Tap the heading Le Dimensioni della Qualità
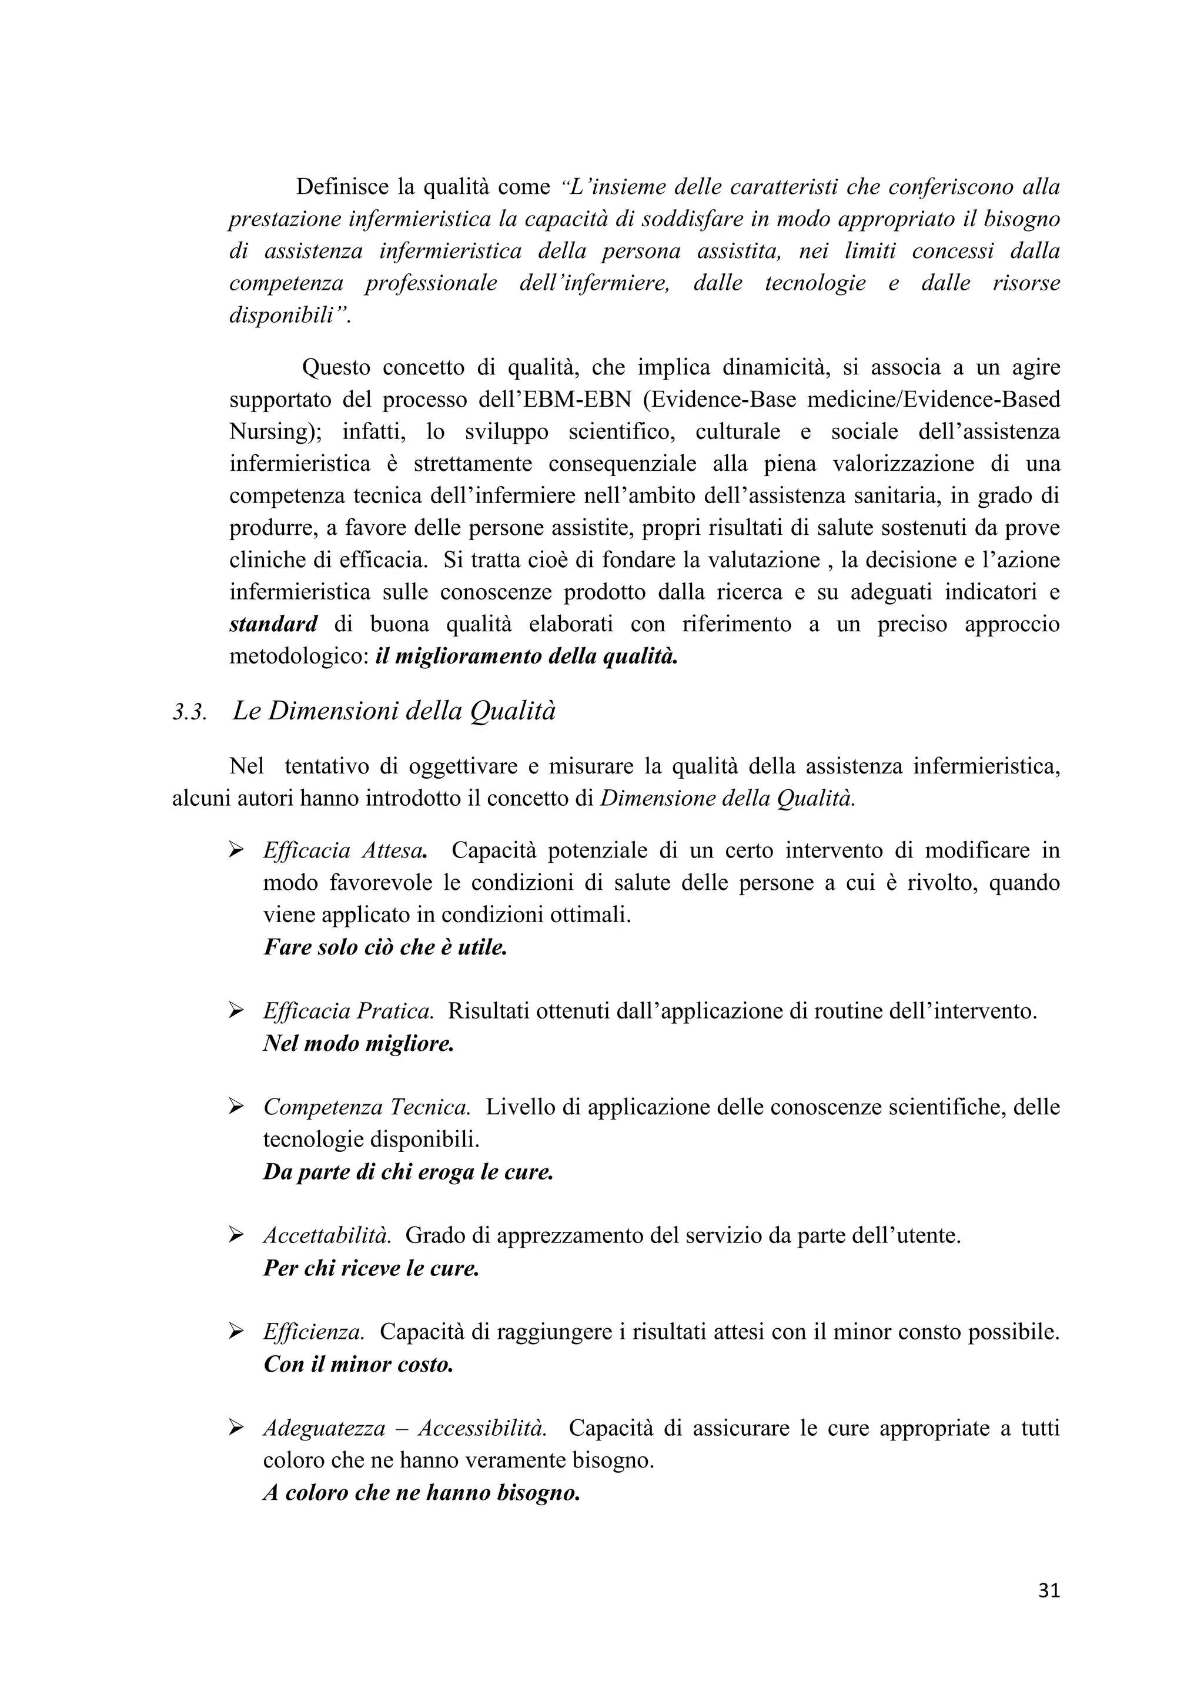coord(394,711)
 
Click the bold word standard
coord(273,624)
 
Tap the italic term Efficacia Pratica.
coord(347,1010)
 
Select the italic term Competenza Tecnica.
coord(366,1107)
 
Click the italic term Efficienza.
coord(313,1332)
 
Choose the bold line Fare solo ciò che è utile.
coord(385,947)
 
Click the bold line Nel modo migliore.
coord(358,1044)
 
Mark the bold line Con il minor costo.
coord(358,1365)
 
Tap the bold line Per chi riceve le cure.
coord(371,1268)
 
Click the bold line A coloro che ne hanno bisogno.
coord(421,1493)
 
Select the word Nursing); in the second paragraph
coord(275,431)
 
